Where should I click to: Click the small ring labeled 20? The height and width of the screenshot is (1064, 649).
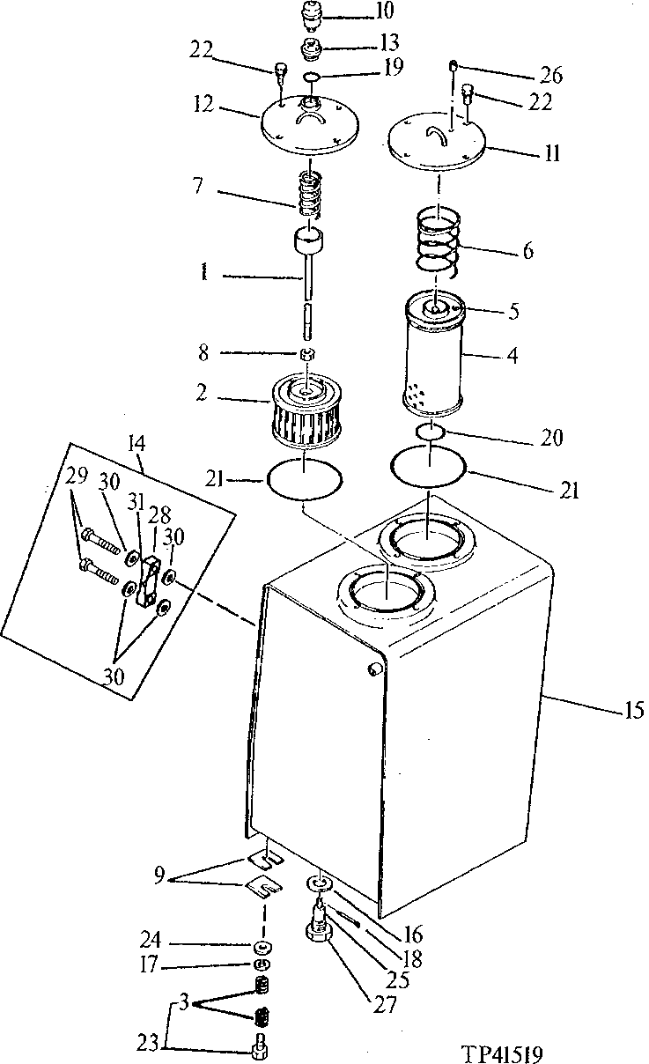tap(430, 432)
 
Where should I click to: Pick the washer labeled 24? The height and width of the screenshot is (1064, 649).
tap(261, 948)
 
